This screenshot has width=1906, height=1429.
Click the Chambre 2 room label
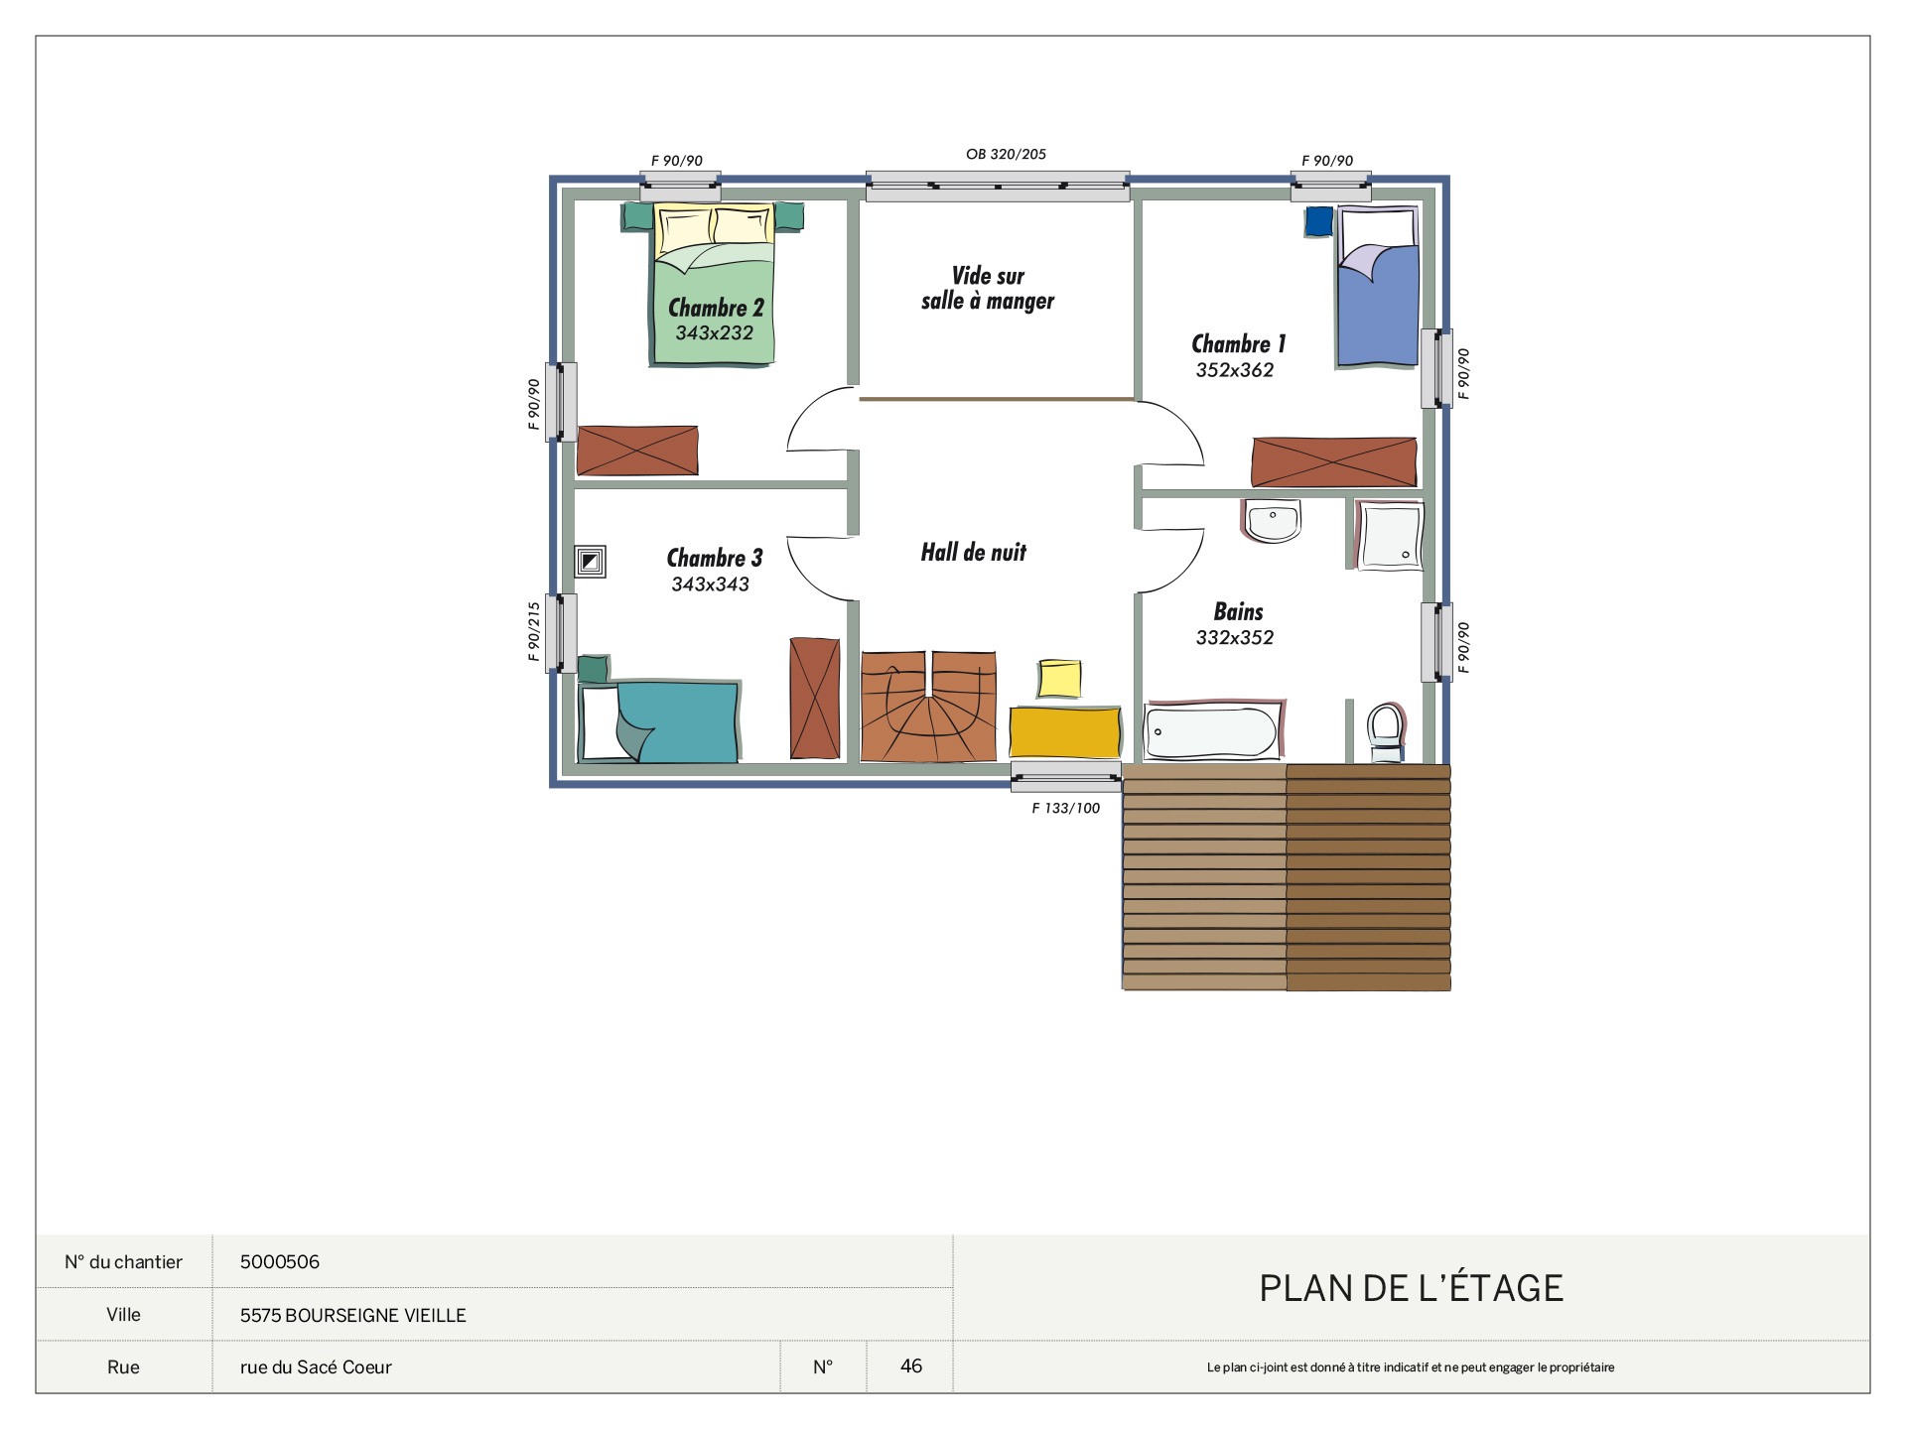pos(716,308)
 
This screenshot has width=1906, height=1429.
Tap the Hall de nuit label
pos(973,553)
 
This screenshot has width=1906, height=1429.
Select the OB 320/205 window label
pos(1006,154)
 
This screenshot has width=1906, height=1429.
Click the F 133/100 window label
pos(1065,808)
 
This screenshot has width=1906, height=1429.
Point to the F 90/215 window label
pos(534,631)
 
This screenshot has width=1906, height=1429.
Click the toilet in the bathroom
pos(1386,732)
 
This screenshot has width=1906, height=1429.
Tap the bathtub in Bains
pos(1214,730)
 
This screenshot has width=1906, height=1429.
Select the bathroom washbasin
pos(1272,522)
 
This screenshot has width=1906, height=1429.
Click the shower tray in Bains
pos(1390,536)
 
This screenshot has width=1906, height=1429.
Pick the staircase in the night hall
pos(928,707)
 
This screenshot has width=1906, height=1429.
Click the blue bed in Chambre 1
pos(1377,287)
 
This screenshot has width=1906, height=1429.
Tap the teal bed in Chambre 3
pos(659,721)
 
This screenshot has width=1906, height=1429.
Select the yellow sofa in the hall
pos(1065,732)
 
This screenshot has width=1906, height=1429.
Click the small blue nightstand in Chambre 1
pos(1318,221)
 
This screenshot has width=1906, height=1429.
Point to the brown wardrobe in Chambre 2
pos(637,451)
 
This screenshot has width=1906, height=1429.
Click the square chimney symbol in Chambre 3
pos(590,562)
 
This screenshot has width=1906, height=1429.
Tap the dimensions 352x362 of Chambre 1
pos(1234,370)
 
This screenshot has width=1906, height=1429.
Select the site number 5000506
pos(280,1261)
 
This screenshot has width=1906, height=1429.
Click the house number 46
pos(911,1365)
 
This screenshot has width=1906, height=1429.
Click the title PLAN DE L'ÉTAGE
pos(1411,1287)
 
